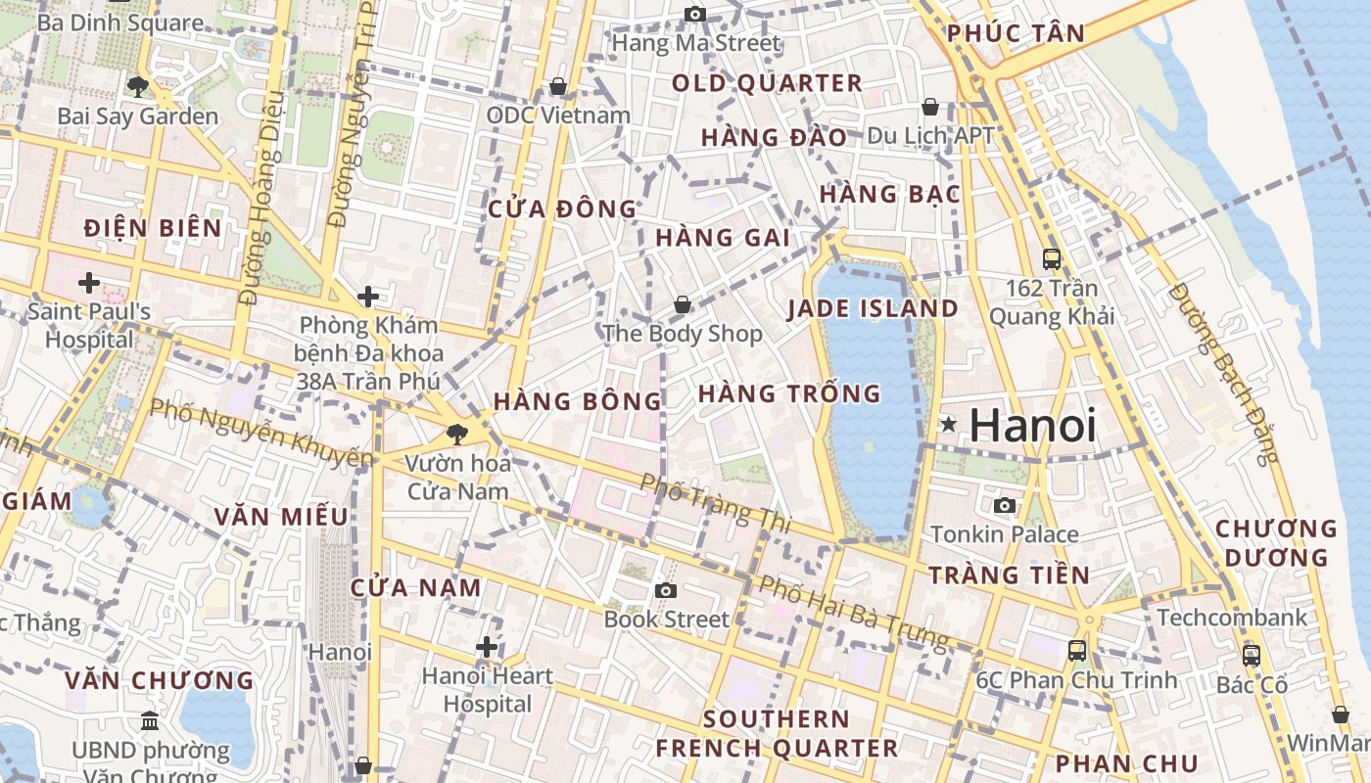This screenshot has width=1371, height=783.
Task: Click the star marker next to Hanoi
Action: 948,425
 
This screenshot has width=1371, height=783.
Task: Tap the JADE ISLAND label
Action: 874,309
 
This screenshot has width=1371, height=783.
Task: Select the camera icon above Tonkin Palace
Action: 1004,505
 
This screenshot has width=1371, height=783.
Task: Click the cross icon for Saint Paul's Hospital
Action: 89,284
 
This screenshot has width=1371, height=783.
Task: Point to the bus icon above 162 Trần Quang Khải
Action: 1052,259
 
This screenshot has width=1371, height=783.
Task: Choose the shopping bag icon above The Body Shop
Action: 683,305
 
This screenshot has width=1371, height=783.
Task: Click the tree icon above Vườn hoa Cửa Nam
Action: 455,434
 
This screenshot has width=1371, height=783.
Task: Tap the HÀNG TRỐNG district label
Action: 789,394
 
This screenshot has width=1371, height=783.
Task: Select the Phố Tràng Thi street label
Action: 715,503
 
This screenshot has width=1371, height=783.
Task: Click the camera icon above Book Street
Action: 666,590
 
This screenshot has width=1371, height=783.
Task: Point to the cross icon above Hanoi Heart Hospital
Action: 487,647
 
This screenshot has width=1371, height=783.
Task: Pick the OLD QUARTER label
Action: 767,84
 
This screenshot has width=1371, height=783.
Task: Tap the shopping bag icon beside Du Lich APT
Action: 929,107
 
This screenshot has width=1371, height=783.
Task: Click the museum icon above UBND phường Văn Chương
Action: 150,721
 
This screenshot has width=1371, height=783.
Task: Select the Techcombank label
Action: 1232,618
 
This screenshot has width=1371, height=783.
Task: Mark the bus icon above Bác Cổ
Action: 1251,656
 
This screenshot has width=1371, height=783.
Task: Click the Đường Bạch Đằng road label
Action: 1223,373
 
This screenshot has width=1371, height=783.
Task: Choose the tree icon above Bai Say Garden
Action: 137,87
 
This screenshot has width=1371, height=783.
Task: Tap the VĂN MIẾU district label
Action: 281,517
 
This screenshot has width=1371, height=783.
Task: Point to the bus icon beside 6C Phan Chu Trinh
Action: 1076,651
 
